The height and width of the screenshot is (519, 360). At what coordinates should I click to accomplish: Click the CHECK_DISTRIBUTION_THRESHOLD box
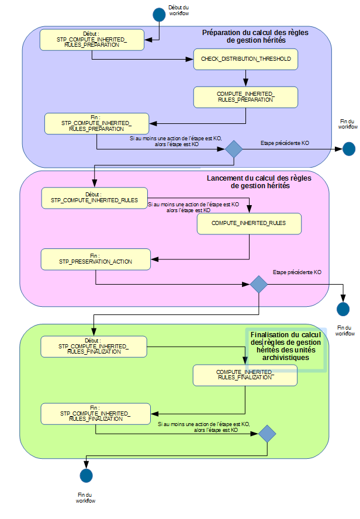pos(245,59)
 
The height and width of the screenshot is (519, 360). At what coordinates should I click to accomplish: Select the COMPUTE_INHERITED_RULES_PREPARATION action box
pos(245,97)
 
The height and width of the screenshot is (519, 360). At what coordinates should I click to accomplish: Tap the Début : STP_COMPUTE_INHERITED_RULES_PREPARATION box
pos(92,39)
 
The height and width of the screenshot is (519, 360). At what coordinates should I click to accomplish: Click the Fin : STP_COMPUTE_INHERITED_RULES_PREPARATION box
pos(96,123)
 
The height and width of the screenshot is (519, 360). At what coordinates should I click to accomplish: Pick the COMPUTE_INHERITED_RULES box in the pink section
pos(249,223)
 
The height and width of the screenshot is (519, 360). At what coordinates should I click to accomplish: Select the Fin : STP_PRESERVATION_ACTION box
pos(95,259)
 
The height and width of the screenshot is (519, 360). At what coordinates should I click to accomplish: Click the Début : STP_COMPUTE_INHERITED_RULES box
pos(94,198)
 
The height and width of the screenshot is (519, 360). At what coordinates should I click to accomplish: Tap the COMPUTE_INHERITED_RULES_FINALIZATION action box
pos(245,375)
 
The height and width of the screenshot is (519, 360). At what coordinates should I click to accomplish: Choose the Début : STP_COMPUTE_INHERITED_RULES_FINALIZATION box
pos(93,347)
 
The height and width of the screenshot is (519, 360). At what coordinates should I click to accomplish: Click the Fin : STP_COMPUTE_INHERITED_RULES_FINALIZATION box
pos(93,413)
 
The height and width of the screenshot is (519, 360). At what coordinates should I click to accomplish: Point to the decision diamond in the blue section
pos(234,149)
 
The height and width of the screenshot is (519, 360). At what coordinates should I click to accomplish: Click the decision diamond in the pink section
pos(258,285)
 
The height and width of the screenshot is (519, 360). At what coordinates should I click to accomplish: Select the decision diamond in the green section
pos(267,433)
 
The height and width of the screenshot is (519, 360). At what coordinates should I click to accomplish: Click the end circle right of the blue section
pos(349,149)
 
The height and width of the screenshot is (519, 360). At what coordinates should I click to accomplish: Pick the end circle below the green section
pos(86,476)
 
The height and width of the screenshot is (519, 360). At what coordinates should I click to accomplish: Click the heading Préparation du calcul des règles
pos(255,33)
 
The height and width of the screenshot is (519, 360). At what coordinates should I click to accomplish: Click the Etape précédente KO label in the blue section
pos(285,143)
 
